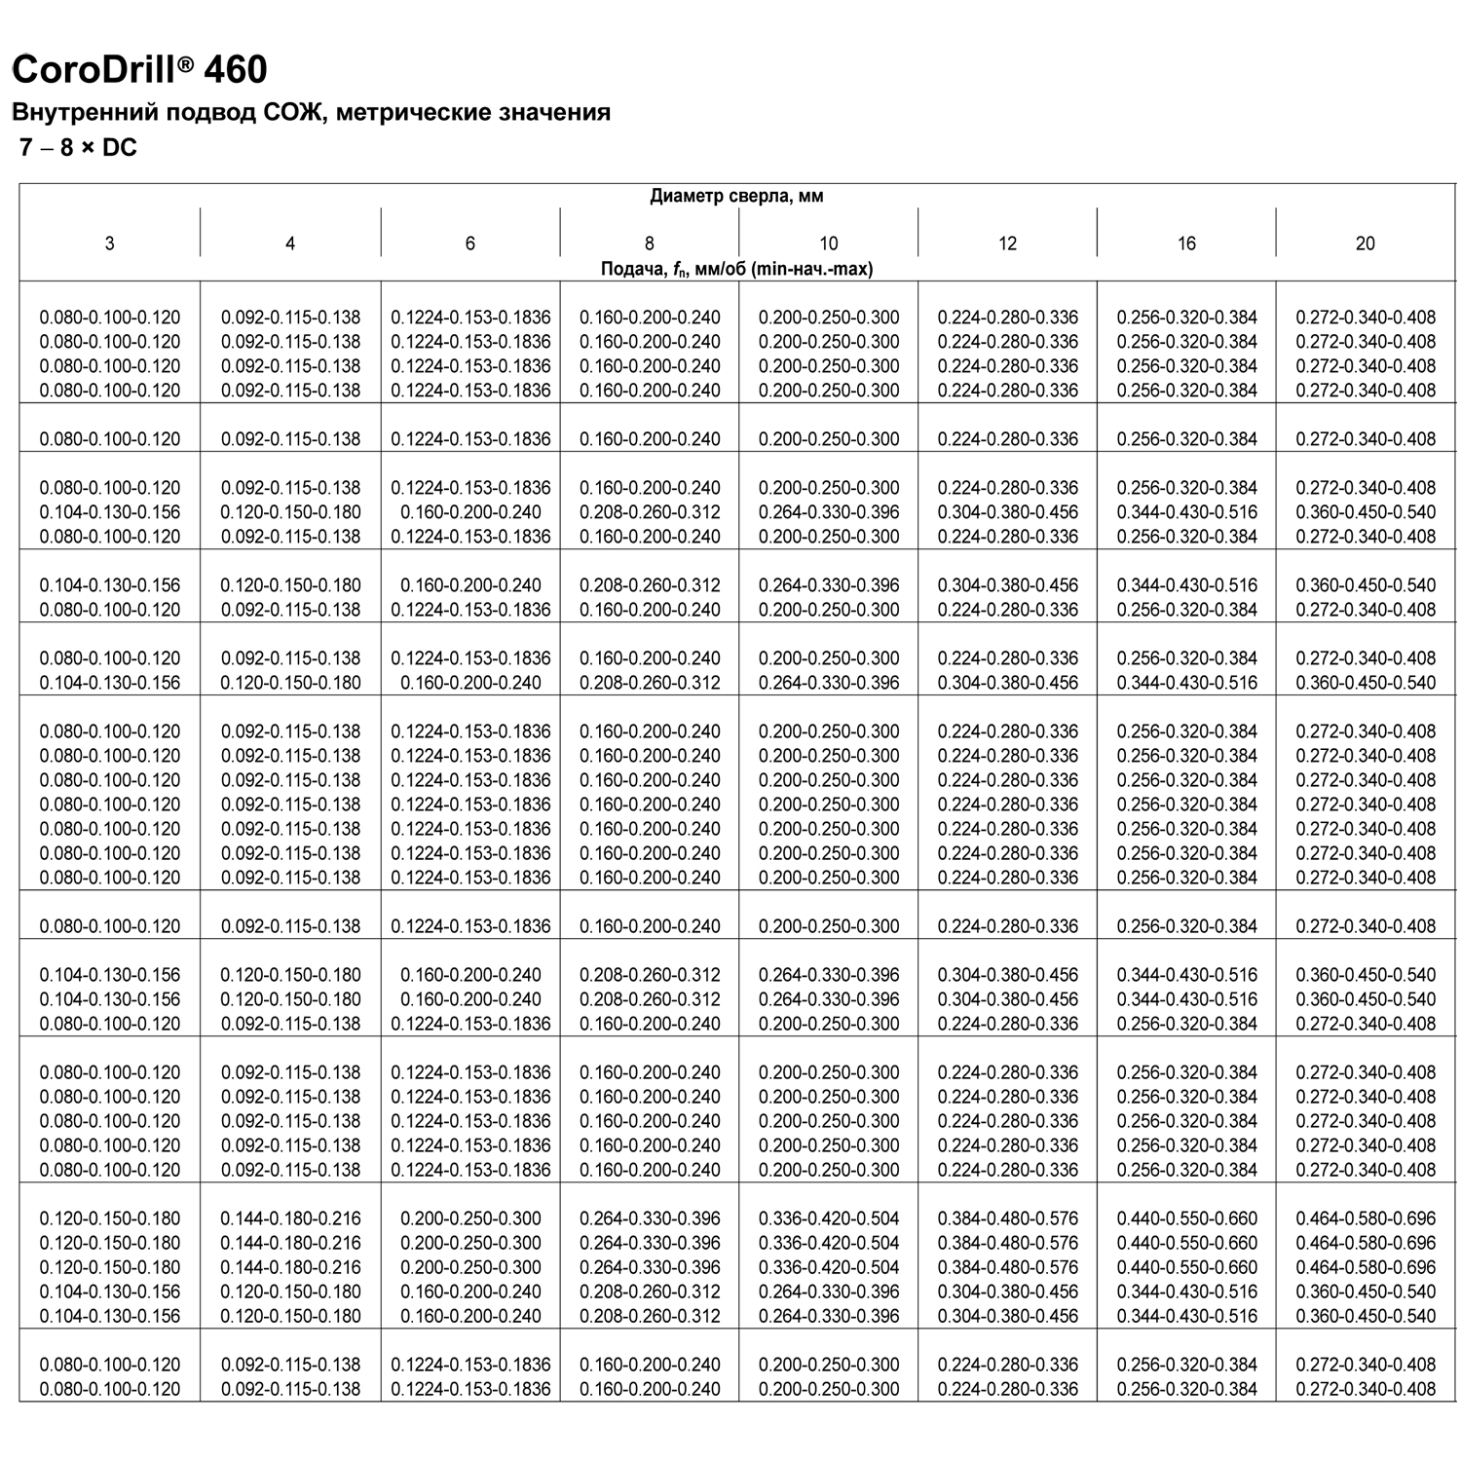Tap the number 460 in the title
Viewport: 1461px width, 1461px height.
click(236, 70)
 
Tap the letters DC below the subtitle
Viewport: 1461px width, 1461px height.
click(120, 149)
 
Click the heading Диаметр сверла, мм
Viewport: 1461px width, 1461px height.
click(736, 196)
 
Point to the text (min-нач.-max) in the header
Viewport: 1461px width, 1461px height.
click(812, 269)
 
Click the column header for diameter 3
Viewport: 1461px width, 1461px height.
click(109, 243)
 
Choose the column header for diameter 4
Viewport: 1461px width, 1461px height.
click(290, 243)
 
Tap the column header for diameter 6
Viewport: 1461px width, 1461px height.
click(470, 243)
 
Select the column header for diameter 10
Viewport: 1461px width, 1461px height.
click(828, 243)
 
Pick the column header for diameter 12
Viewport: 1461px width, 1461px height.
click(1007, 243)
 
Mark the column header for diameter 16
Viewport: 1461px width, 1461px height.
click(1186, 243)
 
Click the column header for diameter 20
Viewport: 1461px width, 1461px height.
click(1366, 243)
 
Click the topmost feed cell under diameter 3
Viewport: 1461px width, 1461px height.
click(110, 318)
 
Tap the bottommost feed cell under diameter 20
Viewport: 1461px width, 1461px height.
click(1366, 1389)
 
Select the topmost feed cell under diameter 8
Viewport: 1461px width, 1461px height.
click(650, 318)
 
